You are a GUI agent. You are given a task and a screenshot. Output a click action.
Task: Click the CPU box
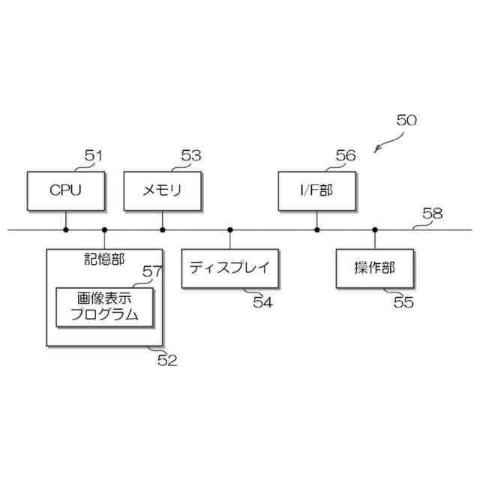click(65, 190)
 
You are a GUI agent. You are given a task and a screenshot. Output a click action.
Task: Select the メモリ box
click(162, 190)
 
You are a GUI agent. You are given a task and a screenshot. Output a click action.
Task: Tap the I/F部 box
click(316, 190)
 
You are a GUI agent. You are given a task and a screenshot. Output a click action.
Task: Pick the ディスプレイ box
click(229, 268)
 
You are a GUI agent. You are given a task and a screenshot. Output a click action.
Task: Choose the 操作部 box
click(374, 268)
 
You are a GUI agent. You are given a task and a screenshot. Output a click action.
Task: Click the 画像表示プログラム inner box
click(105, 307)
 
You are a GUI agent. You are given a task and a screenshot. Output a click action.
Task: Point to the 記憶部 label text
click(104, 259)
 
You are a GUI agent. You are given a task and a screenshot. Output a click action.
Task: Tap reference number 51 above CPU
click(93, 156)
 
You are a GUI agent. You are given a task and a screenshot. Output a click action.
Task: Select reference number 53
click(191, 156)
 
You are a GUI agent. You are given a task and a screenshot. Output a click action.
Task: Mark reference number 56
click(346, 156)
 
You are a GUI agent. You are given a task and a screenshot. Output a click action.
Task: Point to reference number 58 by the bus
click(432, 214)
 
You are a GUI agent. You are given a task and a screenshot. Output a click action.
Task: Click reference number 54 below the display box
click(262, 302)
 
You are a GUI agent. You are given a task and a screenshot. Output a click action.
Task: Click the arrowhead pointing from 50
click(376, 150)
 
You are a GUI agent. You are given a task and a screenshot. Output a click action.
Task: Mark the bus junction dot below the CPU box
click(66, 229)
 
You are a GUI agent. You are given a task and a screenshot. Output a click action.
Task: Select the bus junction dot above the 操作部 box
click(374, 229)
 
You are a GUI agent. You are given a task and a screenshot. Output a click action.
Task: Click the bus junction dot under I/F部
click(317, 229)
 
